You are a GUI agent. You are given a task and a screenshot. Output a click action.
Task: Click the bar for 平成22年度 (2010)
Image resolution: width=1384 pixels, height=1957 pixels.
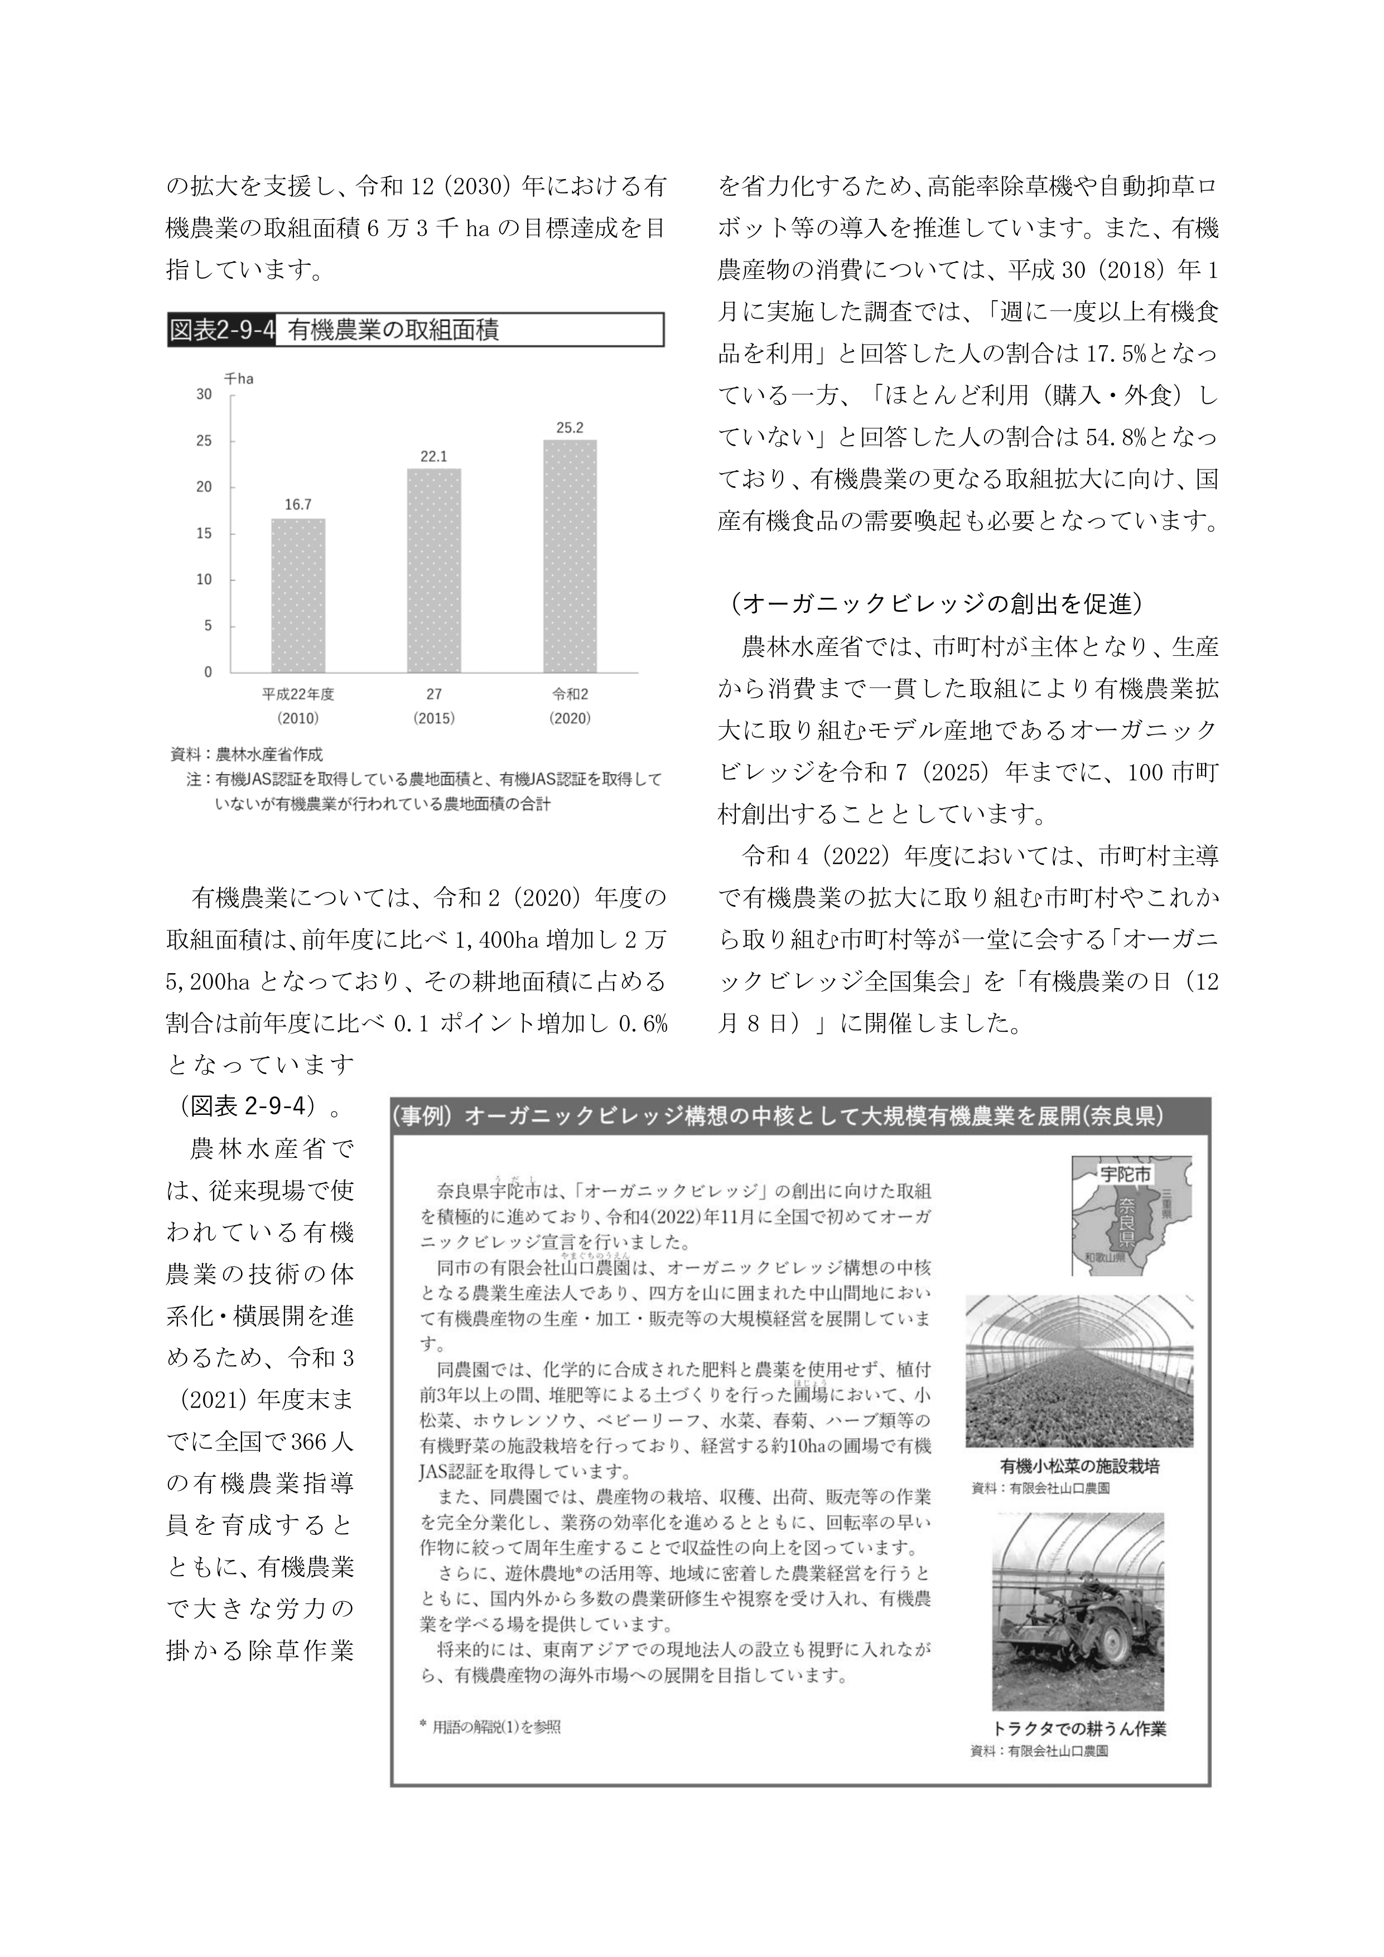pos(297,595)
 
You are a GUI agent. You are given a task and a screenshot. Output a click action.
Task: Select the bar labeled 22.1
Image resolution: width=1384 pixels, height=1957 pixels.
pos(434,570)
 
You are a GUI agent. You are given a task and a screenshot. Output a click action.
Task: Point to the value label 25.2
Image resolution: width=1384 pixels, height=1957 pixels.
pos(570,428)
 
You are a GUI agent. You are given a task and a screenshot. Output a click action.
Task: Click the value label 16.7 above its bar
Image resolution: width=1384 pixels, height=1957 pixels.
pos(297,505)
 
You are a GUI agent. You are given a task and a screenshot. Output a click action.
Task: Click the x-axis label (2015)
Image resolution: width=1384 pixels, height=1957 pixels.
pos(434,718)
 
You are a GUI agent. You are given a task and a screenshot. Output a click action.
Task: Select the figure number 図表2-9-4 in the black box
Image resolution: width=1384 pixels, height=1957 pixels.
pos(221,330)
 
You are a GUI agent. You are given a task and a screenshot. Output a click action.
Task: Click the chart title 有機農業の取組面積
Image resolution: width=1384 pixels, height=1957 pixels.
pos(392,330)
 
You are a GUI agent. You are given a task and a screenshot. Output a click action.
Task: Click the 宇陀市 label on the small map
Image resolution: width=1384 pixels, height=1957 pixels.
pos(1126,1175)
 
